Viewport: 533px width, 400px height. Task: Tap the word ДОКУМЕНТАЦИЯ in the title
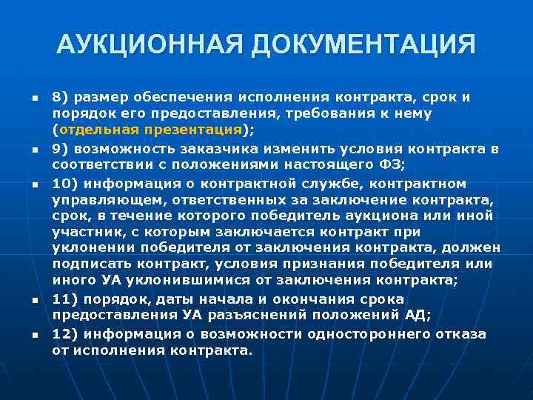pos(363,45)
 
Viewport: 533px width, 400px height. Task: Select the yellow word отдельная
pos(108,129)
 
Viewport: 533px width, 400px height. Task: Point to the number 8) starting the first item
pos(61,97)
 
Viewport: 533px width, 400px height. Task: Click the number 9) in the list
pos(61,149)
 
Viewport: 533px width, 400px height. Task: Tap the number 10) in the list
pos(64,183)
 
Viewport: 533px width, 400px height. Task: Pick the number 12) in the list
pos(64,333)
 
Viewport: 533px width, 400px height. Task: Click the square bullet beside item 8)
pos(26,98)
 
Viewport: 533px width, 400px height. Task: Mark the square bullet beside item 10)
pos(26,184)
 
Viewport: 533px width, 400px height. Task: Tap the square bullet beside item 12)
pos(26,334)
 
